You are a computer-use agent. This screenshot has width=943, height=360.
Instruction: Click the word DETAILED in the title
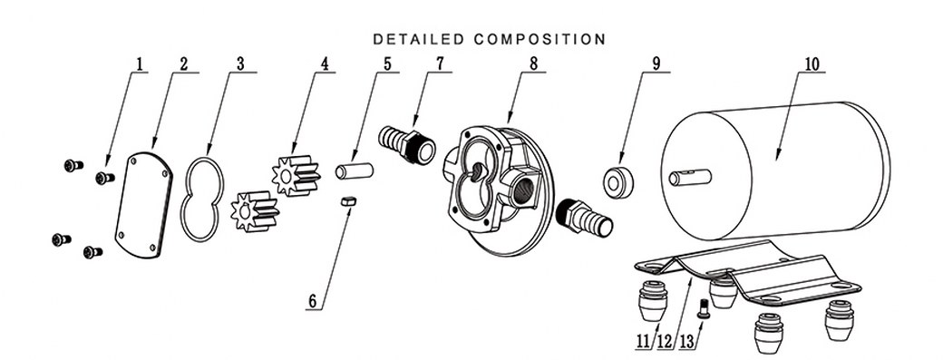point(416,39)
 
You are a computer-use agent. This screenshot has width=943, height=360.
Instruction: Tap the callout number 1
point(140,63)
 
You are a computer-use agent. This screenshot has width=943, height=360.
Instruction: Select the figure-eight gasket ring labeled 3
point(200,199)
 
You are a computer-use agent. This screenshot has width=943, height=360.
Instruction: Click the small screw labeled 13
point(702,312)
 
